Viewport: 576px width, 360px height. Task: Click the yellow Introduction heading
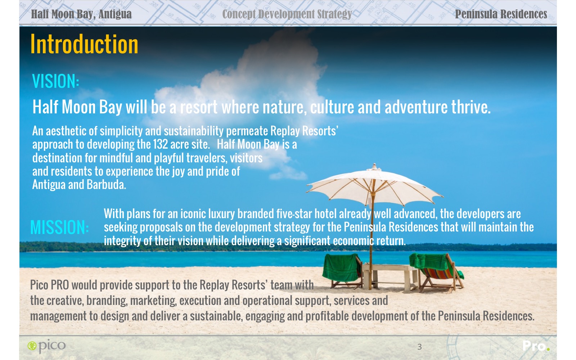84,44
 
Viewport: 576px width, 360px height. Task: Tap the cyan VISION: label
55,81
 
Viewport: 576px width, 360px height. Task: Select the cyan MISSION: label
59,227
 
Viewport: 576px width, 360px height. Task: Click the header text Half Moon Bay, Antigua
81,14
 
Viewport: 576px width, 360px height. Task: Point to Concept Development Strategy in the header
287,14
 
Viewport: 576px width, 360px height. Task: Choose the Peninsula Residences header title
501,14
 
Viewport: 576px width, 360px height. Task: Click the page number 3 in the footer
419,347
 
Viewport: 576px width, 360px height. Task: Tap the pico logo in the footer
46,346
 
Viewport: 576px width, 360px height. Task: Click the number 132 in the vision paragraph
160,144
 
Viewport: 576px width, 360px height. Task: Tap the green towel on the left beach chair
341,267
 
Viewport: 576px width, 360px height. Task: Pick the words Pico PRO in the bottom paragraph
49,285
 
